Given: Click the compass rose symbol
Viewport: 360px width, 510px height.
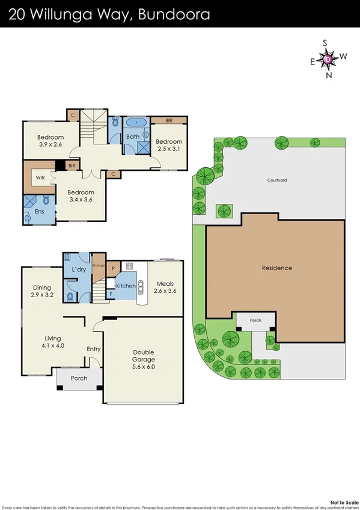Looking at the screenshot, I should point(328,59).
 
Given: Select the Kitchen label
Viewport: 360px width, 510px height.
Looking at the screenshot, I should point(126,286).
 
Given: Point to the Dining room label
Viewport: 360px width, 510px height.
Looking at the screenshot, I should point(42,291).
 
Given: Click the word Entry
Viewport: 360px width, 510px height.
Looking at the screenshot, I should point(94,349).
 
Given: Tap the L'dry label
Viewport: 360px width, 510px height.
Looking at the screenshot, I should point(79,269).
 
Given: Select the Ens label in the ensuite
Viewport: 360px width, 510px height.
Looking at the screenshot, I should point(38,212).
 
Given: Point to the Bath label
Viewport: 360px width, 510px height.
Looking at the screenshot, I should point(132,137).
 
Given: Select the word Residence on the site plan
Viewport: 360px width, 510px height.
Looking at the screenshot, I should point(276,268).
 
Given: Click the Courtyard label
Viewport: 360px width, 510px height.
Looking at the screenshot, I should point(277,179).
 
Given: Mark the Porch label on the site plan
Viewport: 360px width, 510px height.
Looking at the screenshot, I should point(255,321).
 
